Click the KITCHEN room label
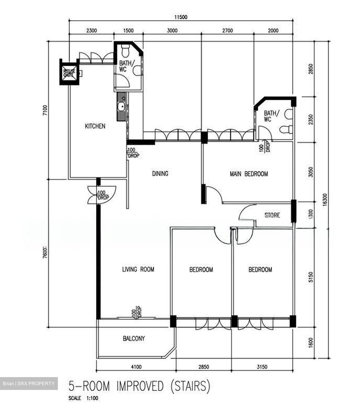(95, 126)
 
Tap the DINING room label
(160, 174)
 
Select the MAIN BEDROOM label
(249, 174)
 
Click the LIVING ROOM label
(138, 269)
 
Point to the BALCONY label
(133, 338)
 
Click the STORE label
(272, 215)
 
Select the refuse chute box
(69, 72)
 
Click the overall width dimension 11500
(181, 17)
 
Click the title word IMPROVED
(140, 386)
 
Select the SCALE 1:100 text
(83, 398)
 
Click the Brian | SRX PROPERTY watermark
(28, 383)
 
